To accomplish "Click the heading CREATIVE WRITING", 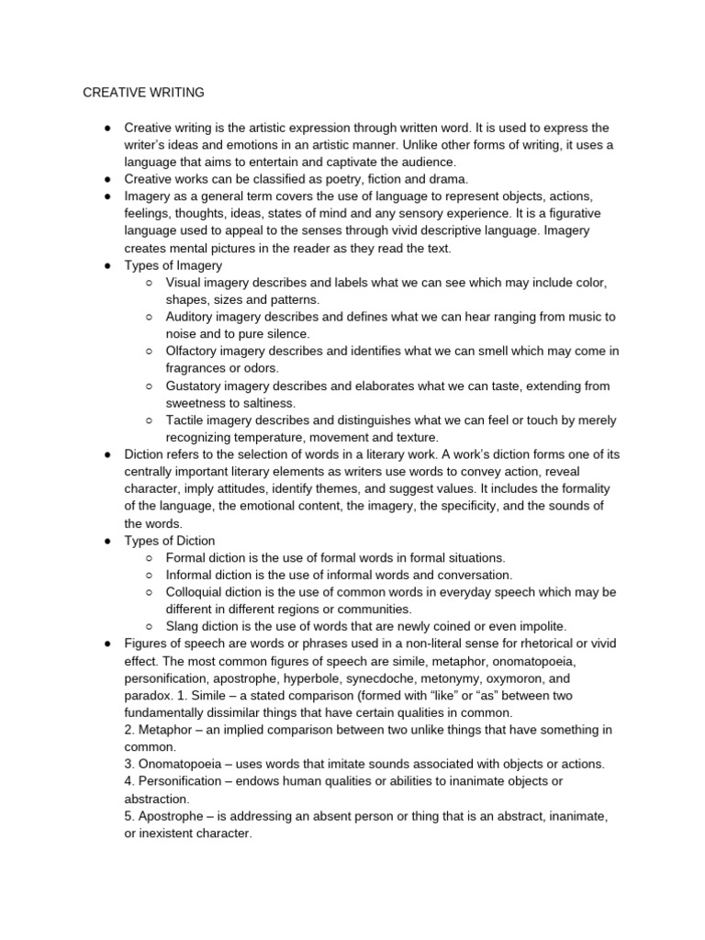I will point(144,92).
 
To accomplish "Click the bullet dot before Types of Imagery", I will point(107,265).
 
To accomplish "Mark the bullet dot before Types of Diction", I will point(107,541).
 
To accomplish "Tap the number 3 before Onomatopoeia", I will point(128,764).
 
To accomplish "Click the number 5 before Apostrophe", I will point(128,816).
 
